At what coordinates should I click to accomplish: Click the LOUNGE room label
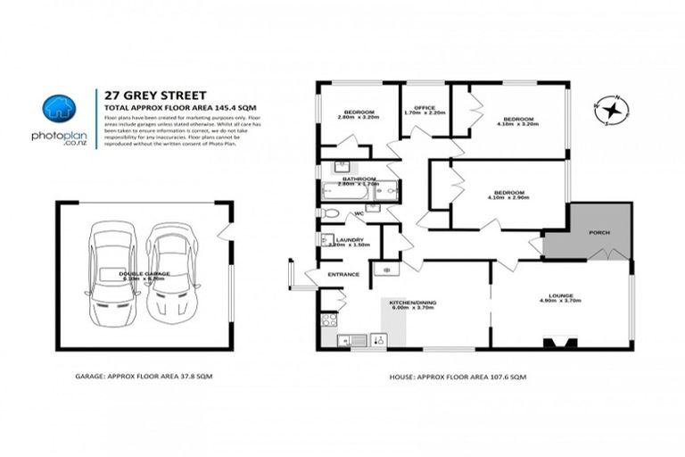(x=561, y=295)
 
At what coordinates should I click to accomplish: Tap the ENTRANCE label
(x=343, y=274)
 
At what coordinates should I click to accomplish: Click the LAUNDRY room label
(x=347, y=239)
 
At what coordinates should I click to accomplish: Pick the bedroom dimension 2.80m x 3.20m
(x=359, y=117)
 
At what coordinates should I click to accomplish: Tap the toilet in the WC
(x=329, y=213)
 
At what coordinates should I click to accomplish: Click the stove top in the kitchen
(x=328, y=319)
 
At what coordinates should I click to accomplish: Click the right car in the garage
(x=171, y=274)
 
